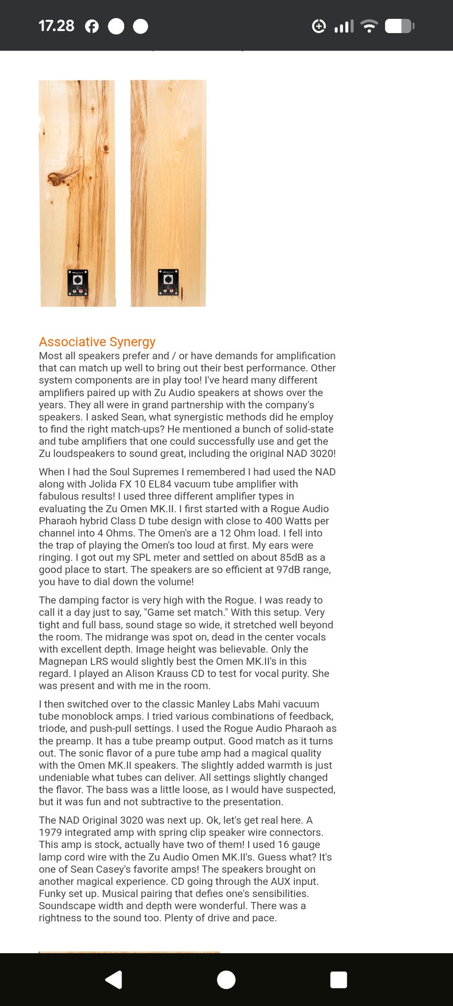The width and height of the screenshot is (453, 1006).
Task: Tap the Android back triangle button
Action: (114, 980)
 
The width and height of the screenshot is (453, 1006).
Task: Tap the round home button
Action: (226, 980)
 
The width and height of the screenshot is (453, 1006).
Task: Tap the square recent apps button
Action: (338, 980)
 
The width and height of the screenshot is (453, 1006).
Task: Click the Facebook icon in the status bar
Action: (92, 26)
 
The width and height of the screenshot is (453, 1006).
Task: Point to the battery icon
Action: (399, 26)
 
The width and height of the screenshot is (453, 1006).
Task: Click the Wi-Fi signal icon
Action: (369, 26)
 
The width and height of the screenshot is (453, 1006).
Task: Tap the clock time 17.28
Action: (56, 26)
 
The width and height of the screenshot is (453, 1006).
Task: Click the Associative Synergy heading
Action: (97, 341)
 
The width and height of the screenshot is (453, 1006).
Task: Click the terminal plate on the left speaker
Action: (78, 283)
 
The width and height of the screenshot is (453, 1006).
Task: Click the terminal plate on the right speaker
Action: (168, 282)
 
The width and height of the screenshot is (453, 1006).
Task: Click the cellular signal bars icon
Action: (344, 26)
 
